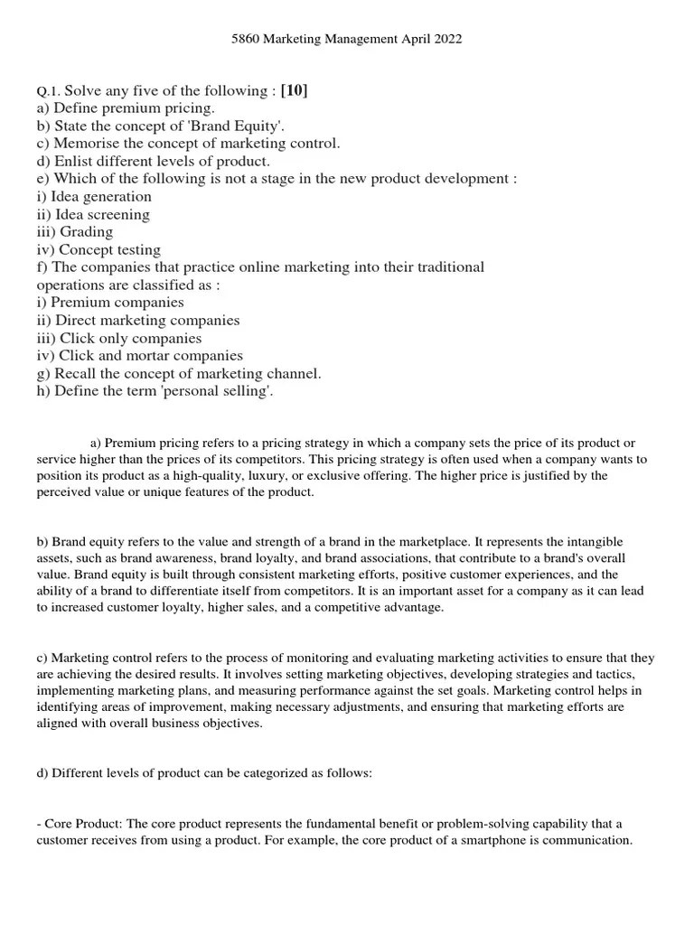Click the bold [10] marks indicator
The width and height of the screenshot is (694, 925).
coord(295,90)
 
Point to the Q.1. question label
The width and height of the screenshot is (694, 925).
coord(47,91)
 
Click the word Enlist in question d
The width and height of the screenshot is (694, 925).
coord(75,162)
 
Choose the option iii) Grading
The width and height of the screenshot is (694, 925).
coord(74,232)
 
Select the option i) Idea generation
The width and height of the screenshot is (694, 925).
coord(94,197)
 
